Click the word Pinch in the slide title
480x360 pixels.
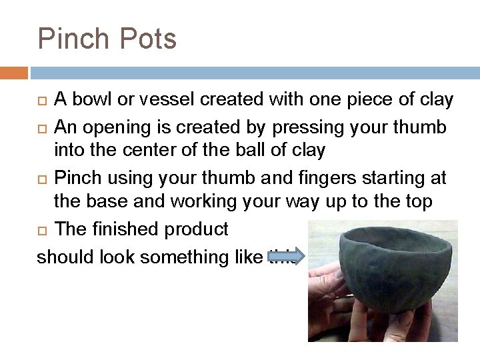tap(69, 39)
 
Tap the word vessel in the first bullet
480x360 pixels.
tap(151, 100)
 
